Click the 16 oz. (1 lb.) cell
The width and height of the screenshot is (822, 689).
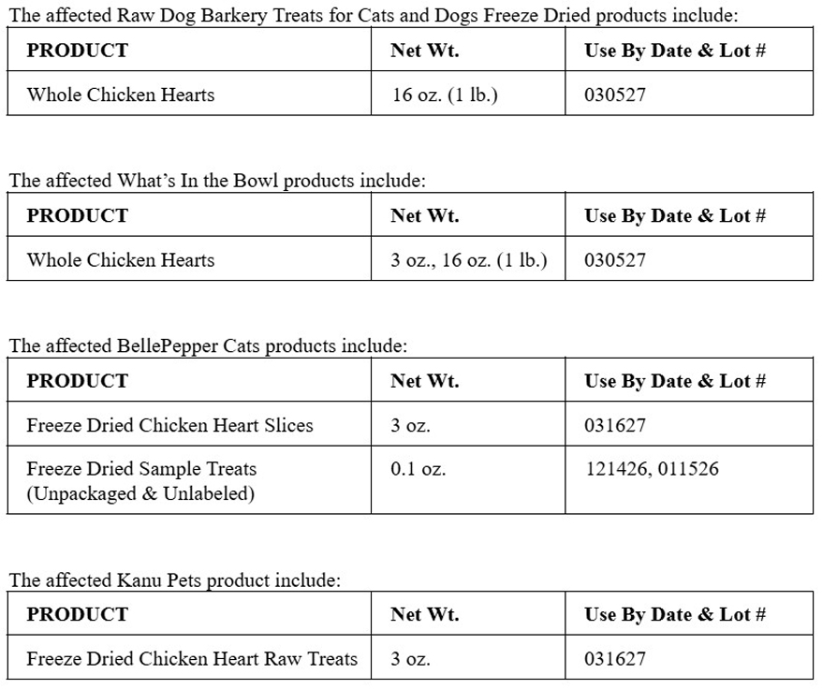(x=445, y=95)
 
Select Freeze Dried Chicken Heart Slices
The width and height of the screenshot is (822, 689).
(x=169, y=426)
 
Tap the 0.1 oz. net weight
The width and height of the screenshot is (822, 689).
(x=418, y=469)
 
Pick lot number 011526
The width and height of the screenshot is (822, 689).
(x=688, y=469)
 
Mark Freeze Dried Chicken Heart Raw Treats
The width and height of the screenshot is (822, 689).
(x=192, y=659)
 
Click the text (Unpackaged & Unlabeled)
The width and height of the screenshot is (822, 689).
(x=140, y=493)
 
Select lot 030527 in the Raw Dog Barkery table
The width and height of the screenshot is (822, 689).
(x=615, y=95)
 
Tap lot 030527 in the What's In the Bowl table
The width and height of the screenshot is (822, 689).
(x=615, y=260)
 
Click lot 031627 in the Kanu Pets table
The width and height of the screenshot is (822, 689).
(x=615, y=659)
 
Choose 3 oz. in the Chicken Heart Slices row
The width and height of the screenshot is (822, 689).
(x=411, y=426)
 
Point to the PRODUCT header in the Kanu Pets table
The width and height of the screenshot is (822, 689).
(x=77, y=615)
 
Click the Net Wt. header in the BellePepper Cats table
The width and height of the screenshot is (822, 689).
(x=425, y=381)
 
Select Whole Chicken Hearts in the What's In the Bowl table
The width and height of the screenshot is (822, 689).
(x=121, y=260)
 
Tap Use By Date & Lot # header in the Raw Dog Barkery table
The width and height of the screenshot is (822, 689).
(x=675, y=51)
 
